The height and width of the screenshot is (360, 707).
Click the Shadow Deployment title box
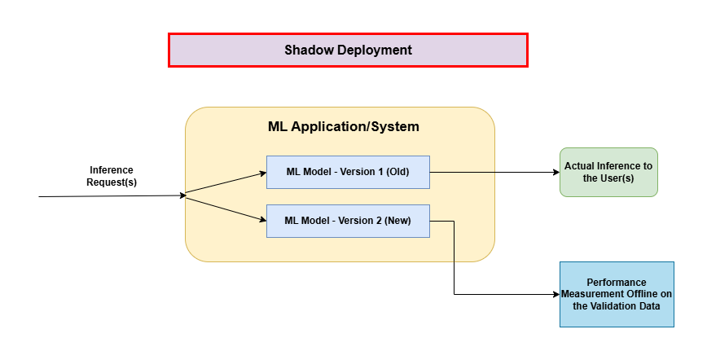pyautogui.click(x=348, y=50)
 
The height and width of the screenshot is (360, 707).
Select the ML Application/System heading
pyautogui.click(x=343, y=126)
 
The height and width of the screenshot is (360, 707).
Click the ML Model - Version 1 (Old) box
pyautogui.click(x=348, y=172)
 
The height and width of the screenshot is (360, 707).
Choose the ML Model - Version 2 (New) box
pyautogui.click(x=348, y=221)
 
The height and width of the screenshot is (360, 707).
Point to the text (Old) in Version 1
pyautogui.click(x=397, y=172)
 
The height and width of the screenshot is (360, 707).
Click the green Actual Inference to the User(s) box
pyautogui.click(x=608, y=172)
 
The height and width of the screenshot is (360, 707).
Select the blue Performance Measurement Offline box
pyautogui.click(x=617, y=294)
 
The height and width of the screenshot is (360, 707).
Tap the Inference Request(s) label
pyautogui.click(x=112, y=176)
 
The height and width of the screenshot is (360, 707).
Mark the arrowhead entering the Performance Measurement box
pyautogui.click(x=555, y=294)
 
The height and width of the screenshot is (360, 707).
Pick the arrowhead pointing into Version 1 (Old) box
pyautogui.click(x=262, y=173)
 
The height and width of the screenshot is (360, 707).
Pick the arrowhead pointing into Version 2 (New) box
pyautogui.click(x=262, y=220)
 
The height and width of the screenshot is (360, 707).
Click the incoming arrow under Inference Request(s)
pyautogui.click(x=106, y=196)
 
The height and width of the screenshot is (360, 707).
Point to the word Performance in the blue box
pyautogui.click(x=617, y=282)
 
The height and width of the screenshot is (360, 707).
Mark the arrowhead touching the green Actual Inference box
pyautogui.click(x=555, y=172)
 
